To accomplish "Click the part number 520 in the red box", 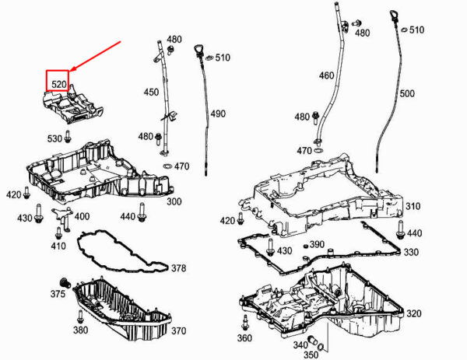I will pyautogui.click(x=58, y=82).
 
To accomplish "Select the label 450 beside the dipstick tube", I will pyautogui.click(x=151, y=92).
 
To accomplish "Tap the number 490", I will pyautogui.click(x=217, y=114).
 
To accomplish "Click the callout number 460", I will pyautogui.click(x=326, y=75).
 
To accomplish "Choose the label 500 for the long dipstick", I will pyautogui.click(x=406, y=93).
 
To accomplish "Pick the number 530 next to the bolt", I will pyautogui.click(x=54, y=138).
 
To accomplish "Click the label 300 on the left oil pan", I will pyautogui.click(x=174, y=201).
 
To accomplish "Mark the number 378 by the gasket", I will pyautogui.click(x=178, y=268).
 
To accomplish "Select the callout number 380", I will pyautogui.click(x=80, y=330).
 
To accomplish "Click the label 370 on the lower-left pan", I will pyautogui.click(x=178, y=330).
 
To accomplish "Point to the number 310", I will pyautogui.click(x=413, y=206).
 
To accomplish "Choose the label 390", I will pyautogui.click(x=316, y=244).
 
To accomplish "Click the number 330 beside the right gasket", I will pyautogui.click(x=411, y=252).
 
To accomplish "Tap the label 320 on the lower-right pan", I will pyautogui.click(x=413, y=313).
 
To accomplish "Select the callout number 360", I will pyautogui.click(x=244, y=338).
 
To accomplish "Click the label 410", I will pyautogui.click(x=58, y=246).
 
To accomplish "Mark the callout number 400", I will pyautogui.click(x=82, y=216).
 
